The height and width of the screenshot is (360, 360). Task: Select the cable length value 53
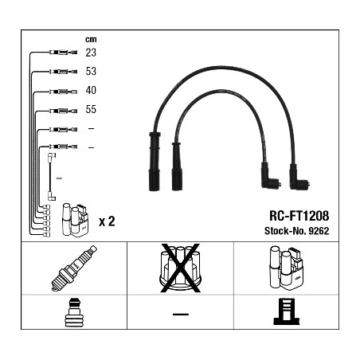[x=91, y=71]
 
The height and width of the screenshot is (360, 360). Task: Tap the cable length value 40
[x=91, y=90]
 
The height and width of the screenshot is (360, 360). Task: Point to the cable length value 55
[x=91, y=110]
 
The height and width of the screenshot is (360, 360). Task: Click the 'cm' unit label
[x=90, y=37]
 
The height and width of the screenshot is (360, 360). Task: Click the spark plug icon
[x=74, y=268]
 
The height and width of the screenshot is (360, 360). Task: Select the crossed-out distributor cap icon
[x=180, y=268]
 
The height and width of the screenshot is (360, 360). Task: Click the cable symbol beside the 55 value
[x=61, y=110]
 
